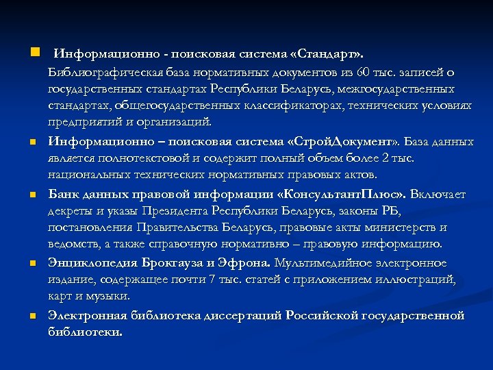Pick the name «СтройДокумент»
pyautogui.click(x=342, y=142)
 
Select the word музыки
pyautogui.click(x=110, y=295)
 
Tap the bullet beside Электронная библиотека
pyautogui.click(x=32, y=317)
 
